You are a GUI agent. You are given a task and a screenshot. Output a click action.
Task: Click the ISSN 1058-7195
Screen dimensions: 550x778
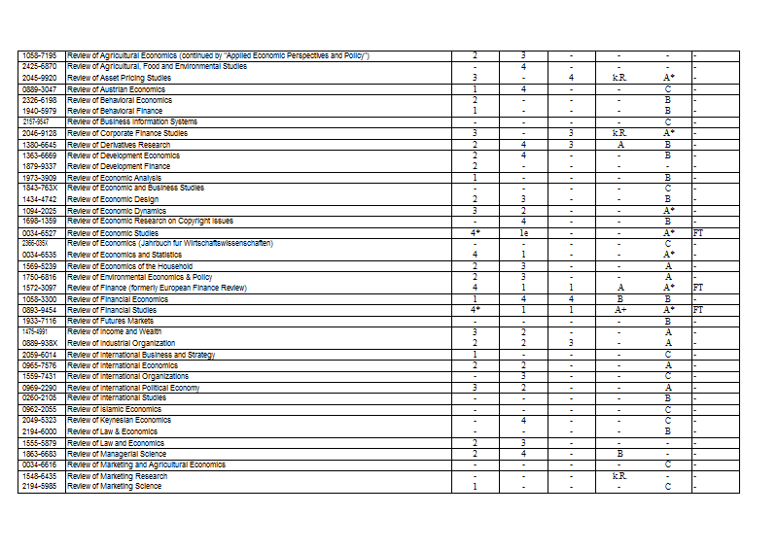39,55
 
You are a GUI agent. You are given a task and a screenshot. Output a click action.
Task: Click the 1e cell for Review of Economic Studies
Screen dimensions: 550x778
523,233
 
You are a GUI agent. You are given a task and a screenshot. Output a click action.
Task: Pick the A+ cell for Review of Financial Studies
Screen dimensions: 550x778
619,310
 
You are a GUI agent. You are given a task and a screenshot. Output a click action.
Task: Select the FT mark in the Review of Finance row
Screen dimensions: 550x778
697,288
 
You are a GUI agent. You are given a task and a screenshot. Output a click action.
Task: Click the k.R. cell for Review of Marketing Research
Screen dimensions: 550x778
619,476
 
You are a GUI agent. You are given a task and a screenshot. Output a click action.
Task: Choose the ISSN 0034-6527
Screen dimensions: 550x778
39,233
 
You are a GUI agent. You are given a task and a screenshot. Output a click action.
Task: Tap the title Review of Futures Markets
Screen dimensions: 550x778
111,321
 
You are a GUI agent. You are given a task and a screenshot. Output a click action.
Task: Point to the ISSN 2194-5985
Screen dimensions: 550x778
39,487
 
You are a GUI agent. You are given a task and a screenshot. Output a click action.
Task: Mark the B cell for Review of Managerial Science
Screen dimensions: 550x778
619,454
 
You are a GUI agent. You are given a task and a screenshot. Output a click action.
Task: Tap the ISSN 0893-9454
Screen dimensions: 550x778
39,310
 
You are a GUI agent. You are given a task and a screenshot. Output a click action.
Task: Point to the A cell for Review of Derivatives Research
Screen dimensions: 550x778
619,145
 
